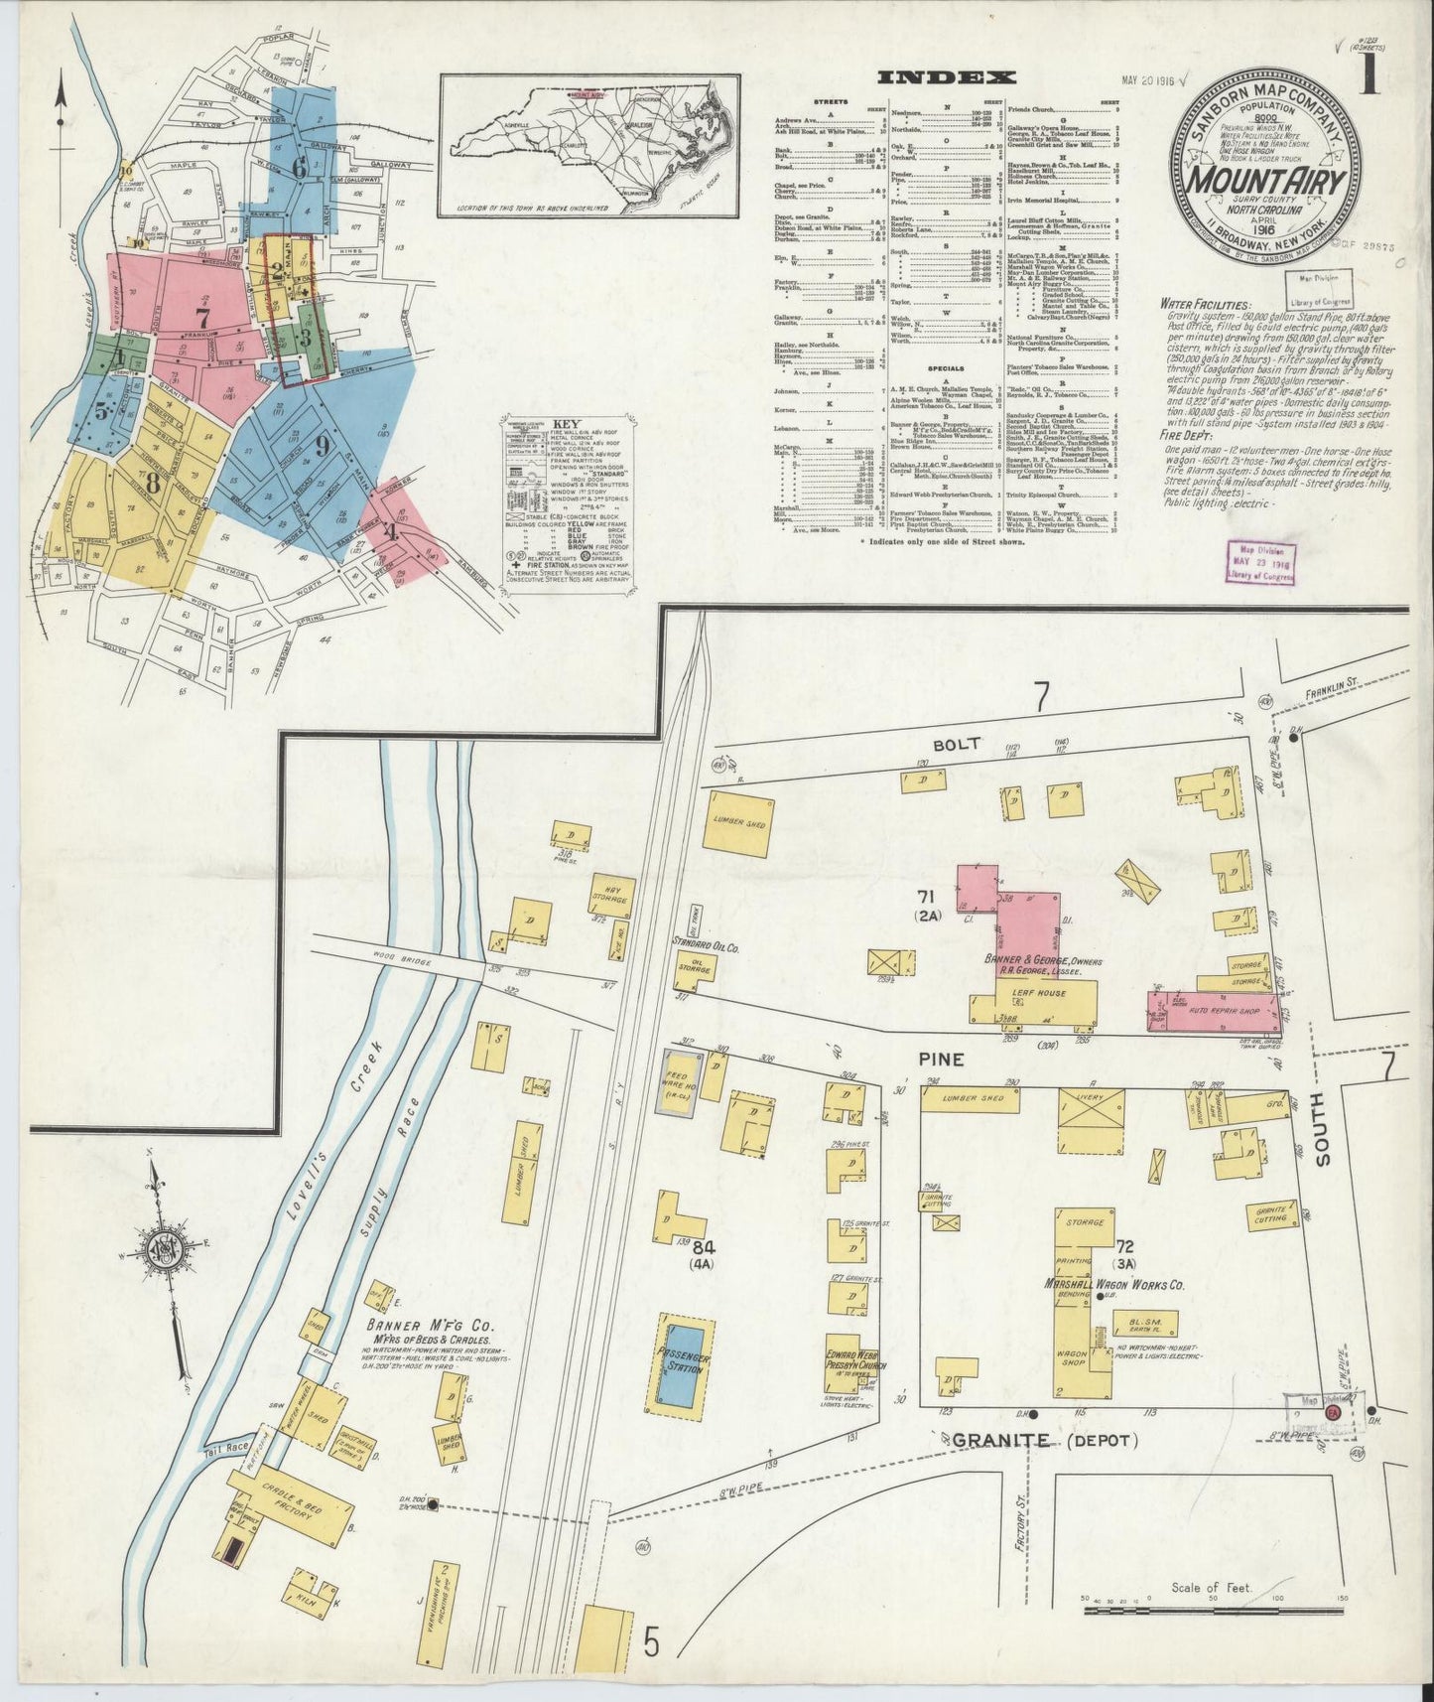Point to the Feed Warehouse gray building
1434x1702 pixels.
pyautogui.click(x=685, y=1084)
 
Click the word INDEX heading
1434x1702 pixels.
pyautogui.click(x=948, y=77)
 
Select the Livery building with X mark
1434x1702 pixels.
pyautogui.click(x=1092, y=1120)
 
